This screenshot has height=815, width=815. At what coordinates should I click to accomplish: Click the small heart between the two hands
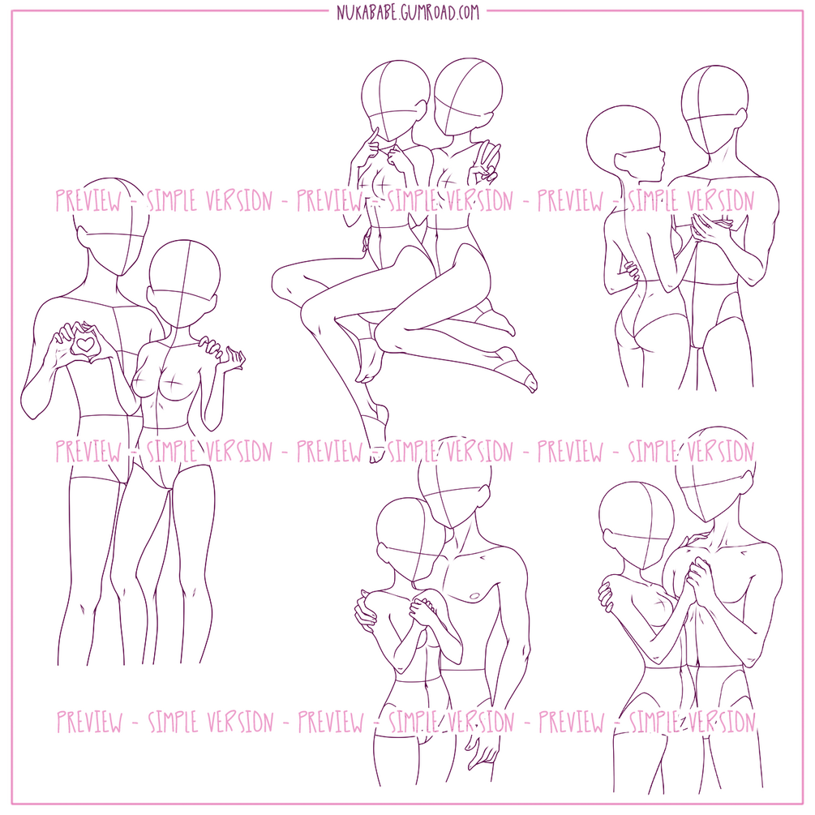(x=84, y=344)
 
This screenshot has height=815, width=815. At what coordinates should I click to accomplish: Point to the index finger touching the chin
(x=373, y=136)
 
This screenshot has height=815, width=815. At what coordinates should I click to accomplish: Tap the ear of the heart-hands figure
(x=81, y=237)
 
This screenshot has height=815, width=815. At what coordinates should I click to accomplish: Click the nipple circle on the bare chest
(x=474, y=595)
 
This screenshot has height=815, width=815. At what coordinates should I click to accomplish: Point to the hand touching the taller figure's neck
(x=693, y=540)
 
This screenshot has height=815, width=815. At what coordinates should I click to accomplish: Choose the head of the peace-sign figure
(x=468, y=96)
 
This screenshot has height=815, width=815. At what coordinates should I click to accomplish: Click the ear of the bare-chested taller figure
(x=483, y=493)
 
